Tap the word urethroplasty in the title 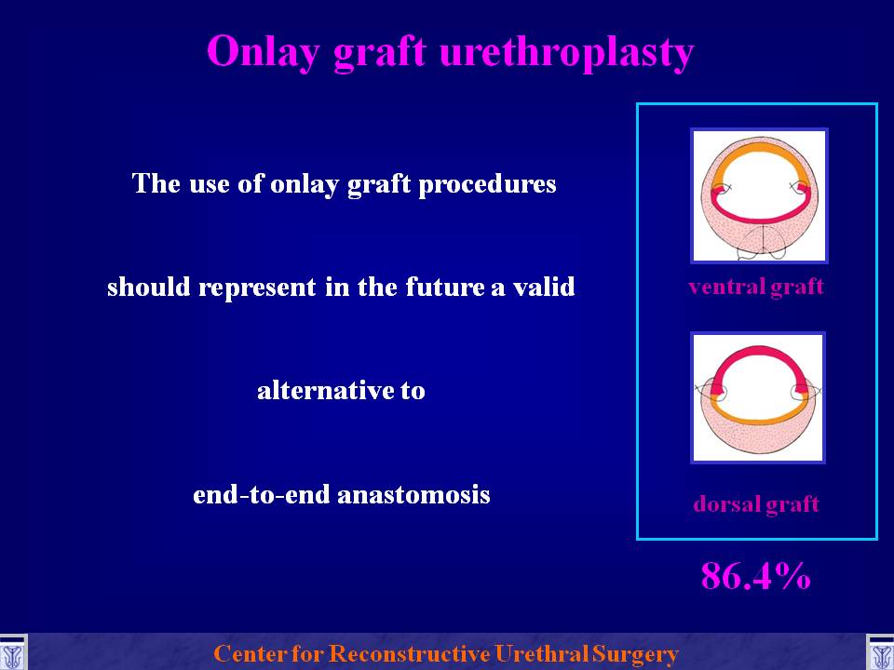point(567,52)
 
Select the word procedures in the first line point(487,184)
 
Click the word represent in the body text point(257,288)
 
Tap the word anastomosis point(413,494)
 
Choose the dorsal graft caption point(756,504)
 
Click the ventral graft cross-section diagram point(759,195)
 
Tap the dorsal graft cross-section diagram point(758,397)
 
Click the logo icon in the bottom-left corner point(13,653)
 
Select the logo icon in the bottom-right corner point(880,653)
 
